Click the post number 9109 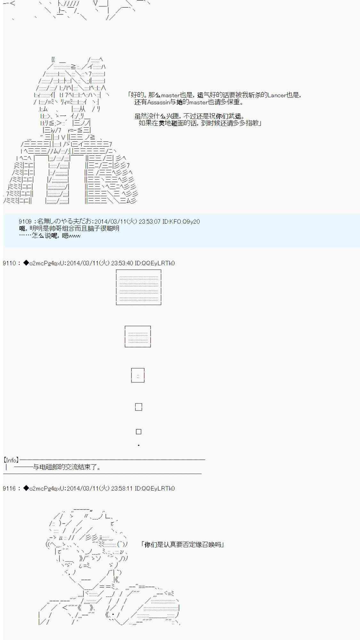(25, 221)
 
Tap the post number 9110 (9, 263)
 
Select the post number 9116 (9, 488)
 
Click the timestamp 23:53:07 (149, 221)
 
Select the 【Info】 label (11, 460)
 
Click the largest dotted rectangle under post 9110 (139, 287)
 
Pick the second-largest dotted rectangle (138, 336)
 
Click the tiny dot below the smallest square (139, 445)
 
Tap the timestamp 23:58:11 (122, 488)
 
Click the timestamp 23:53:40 (122, 263)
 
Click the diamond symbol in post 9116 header (26, 488)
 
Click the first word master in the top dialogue (170, 95)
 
